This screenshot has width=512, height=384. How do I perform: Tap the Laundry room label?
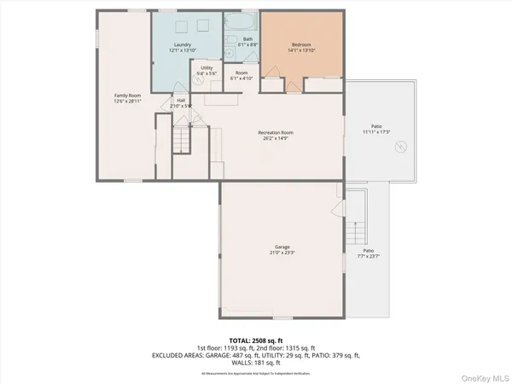pos(181,44)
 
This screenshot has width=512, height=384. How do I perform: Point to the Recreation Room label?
pos(276,132)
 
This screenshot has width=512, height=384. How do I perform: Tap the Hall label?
pos(181,100)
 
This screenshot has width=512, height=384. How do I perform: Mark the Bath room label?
pos(247,39)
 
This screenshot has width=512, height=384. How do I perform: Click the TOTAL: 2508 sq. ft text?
pos(255,340)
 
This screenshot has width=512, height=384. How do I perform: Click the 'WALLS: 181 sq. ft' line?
pos(256,364)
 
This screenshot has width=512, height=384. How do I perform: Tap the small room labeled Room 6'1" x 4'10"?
pos(241,75)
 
